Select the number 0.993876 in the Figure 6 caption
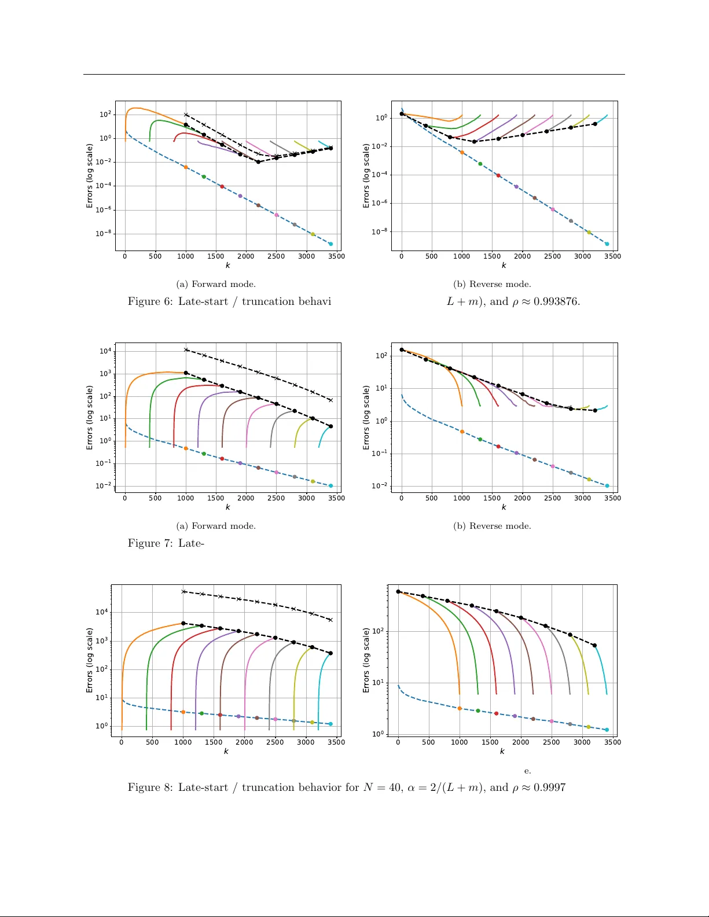tap(556, 301)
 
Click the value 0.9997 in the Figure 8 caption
tap(549, 787)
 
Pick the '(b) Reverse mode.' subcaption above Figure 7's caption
tap(492, 526)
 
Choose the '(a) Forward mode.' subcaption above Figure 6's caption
tap(216, 284)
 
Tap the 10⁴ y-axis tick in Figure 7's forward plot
tap(105, 351)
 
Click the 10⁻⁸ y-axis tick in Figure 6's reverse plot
tap(380, 232)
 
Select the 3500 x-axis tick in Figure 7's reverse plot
tap(612, 498)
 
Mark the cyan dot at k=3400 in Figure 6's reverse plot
tap(607, 244)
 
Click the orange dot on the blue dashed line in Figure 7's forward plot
tap(186, 448)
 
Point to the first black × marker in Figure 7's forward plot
tap(186, 349)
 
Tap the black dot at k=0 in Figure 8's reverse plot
tap(398, 592)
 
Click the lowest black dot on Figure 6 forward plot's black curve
tap(258, 162)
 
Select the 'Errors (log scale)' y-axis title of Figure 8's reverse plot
tap(366, 660)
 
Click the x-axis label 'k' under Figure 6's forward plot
tap(227, 266)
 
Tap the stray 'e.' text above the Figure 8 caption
tap(527, 771)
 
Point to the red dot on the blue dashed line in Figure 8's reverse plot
tap(496, 713)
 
